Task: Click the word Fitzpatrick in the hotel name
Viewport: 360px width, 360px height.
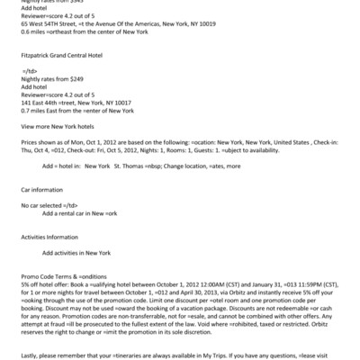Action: click(36, 52)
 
